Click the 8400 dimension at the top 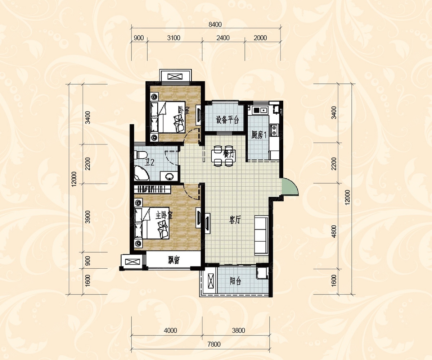point(215,24)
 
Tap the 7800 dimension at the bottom point(214,344)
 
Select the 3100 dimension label point(174,38)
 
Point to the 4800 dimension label point(334,231)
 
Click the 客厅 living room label point(235,220)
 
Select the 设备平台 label point(228,120)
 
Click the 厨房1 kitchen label point(259,135)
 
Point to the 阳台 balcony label point(235,281)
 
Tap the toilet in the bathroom point(141,155)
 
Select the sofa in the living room point(261,235)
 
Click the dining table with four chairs point(223,156)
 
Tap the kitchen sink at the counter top point(260,110)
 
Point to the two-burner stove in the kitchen point(274,130)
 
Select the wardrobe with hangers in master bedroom point(152,189)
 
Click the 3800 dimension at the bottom point(239,331)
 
